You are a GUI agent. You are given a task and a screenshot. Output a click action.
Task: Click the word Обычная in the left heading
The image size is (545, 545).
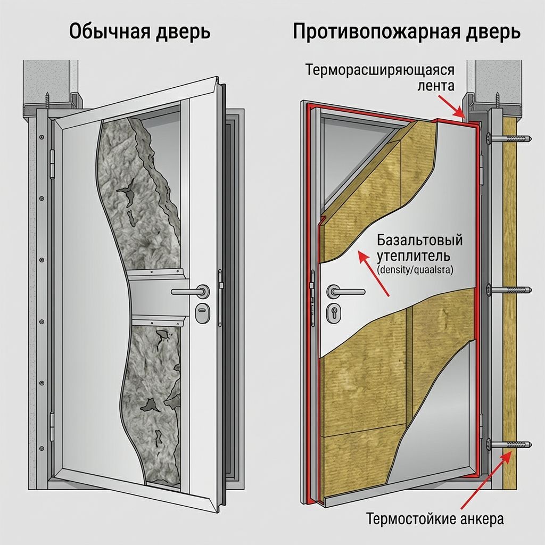coord(110,32)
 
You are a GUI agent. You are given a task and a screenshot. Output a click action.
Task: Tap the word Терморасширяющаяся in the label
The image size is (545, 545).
coord(380,70)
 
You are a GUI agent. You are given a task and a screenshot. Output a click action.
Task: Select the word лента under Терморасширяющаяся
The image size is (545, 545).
coord(435,86)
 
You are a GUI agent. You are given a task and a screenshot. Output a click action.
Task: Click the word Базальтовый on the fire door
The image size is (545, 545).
coord(420,240)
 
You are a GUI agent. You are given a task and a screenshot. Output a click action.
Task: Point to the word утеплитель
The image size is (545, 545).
coord(414,256)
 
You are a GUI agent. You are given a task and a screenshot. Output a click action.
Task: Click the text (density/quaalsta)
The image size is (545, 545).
coord(415,270)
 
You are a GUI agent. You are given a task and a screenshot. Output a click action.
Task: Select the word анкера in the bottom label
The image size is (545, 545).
coord(482,519)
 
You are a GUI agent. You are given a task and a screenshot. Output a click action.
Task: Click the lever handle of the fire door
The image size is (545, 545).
coord(345,291)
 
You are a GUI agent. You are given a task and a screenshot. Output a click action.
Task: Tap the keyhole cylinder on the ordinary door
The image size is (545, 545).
coord(202,312)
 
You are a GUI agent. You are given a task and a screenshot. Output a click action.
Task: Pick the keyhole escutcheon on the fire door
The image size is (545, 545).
coord(334,312)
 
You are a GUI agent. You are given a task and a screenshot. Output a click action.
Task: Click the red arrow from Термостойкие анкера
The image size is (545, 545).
coord(485,481)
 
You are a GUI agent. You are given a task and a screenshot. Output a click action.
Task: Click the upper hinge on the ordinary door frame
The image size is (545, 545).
coord(53,162)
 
